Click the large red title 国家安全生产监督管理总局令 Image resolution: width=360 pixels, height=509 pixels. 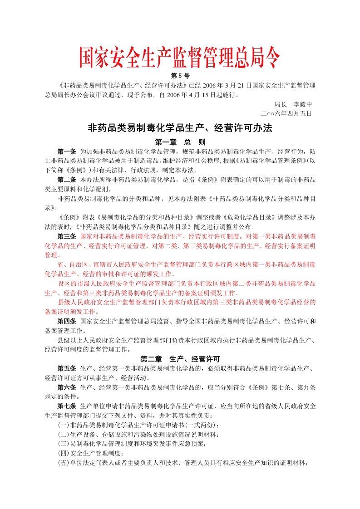180,58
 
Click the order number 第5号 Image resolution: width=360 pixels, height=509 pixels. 180,75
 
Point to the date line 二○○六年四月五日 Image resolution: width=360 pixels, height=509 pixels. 286,113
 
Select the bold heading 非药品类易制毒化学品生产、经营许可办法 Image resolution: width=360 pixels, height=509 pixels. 180,128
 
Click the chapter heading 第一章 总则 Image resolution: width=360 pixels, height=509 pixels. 180,142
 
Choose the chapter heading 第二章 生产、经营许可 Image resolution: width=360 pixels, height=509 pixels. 180,358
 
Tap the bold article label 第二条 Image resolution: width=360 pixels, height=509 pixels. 67,180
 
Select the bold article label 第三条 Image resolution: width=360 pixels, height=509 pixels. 67,236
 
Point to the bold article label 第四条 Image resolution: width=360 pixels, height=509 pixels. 67,321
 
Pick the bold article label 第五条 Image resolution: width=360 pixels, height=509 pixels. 67,368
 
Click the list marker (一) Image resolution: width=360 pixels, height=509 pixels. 63,425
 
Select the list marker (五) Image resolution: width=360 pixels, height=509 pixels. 63,463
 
